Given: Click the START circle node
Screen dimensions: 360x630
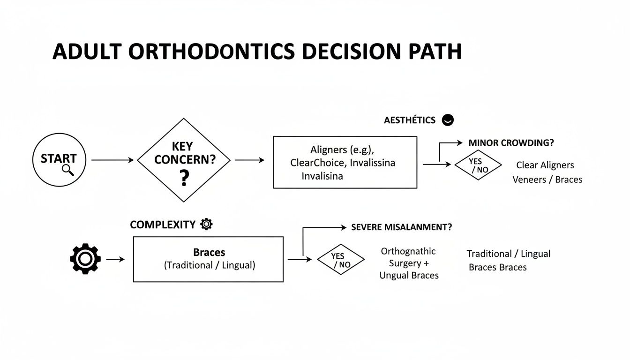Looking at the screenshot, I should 59,159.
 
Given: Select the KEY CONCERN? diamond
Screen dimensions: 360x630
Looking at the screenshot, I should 184,160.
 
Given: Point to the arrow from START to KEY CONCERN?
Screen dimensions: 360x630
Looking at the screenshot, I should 112,160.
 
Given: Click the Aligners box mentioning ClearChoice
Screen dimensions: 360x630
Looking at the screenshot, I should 345,162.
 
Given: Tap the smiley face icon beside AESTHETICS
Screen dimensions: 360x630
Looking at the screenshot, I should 448,120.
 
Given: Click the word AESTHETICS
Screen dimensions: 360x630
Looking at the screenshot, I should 410,120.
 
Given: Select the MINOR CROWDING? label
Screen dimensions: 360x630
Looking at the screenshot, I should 514,143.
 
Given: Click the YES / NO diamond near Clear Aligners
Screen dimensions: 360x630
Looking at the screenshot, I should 478,165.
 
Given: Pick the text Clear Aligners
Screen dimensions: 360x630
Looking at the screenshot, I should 545,165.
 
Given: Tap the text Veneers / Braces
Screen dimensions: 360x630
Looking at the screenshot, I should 547,180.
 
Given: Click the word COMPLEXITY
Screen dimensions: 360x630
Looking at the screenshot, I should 162,225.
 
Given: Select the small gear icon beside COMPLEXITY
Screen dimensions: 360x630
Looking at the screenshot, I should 206,224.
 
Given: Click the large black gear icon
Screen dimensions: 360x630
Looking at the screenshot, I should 85,259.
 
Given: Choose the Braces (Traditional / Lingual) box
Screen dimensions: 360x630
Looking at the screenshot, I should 208,259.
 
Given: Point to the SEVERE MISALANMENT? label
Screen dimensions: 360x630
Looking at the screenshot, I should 402,227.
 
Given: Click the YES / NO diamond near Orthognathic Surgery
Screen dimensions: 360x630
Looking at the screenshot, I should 341,260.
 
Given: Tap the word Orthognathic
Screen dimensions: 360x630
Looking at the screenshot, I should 408,252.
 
